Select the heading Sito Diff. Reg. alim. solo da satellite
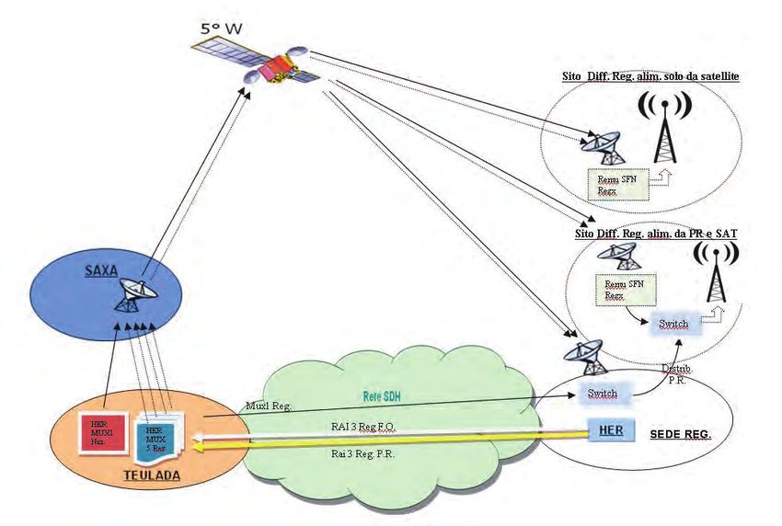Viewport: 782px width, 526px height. click(652, 74)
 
